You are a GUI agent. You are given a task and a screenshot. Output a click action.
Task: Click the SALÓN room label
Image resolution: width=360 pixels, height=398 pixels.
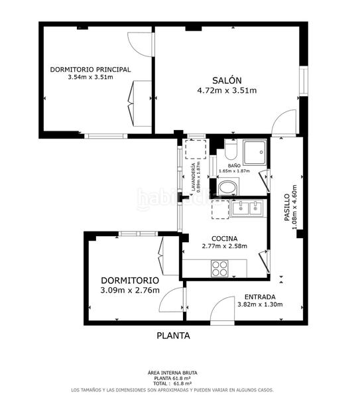(227, 78)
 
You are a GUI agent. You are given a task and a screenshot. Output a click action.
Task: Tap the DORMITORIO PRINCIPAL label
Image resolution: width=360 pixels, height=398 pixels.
(90, 69)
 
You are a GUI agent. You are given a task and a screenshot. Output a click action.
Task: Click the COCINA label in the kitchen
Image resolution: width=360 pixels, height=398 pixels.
(225, 238)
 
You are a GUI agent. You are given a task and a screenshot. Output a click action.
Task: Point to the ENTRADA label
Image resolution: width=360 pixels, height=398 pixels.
(260, 297)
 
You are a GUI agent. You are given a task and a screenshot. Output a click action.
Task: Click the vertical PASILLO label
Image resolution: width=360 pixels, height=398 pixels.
(287, 210)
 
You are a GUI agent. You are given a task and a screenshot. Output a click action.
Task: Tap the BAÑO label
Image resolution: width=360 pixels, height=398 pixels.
(233, 165)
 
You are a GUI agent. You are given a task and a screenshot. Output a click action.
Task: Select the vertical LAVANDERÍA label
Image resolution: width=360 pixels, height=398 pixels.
(194, 178)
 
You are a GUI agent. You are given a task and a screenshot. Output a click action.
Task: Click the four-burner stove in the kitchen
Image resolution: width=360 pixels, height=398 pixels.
(220, 268)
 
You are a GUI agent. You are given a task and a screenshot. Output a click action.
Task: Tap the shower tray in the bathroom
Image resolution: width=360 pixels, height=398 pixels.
(256, 153)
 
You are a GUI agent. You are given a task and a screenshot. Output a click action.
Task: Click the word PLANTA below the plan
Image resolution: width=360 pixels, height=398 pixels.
(173, 336)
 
